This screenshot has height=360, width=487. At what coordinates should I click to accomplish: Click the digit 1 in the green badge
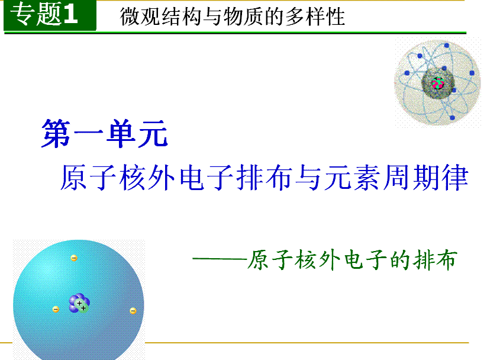click(x=70, y=14)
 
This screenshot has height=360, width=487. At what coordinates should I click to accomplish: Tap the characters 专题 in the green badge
click(x=36, y=14)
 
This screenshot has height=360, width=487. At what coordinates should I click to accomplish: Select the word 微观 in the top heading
click(x=140, y=17)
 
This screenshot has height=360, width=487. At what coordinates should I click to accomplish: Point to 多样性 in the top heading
click(x=315, y=17)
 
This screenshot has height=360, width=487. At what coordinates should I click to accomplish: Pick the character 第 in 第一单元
click(x=56, y=134)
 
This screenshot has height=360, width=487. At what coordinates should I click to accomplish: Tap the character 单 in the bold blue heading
click(x=120, y=134)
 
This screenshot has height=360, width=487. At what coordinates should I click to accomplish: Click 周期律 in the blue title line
click(x=425, y=178)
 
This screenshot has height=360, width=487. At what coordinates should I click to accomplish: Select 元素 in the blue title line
click(x=352, y=178)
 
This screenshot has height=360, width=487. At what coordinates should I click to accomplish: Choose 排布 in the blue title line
click(x=264, y=178)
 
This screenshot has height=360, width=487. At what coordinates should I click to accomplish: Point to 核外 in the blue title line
click(x=147, y=178)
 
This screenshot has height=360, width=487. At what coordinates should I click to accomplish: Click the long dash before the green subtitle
click(x=220, y=258)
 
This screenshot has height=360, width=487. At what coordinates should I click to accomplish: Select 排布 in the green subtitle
click(x=435, y=259)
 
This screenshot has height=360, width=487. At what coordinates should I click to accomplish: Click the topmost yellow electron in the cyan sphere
click(x=74, y=258)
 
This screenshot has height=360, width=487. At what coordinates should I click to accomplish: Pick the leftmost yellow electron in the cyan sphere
click(x=56, y=309)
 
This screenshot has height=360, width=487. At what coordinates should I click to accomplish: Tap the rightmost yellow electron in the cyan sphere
click(x=133, y=311)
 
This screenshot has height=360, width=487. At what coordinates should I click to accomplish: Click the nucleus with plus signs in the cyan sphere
click(x=79, y=303)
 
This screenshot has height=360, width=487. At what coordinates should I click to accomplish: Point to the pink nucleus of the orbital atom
click(x=438, y=83)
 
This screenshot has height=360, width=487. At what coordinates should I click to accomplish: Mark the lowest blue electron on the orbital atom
click(x=452, y=118)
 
